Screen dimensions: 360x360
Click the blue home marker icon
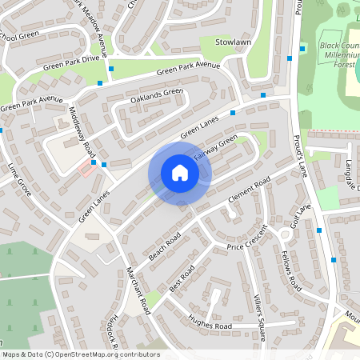point(180,173)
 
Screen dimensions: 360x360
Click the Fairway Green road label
point(215,148)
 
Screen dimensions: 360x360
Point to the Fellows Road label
point(290,270)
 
